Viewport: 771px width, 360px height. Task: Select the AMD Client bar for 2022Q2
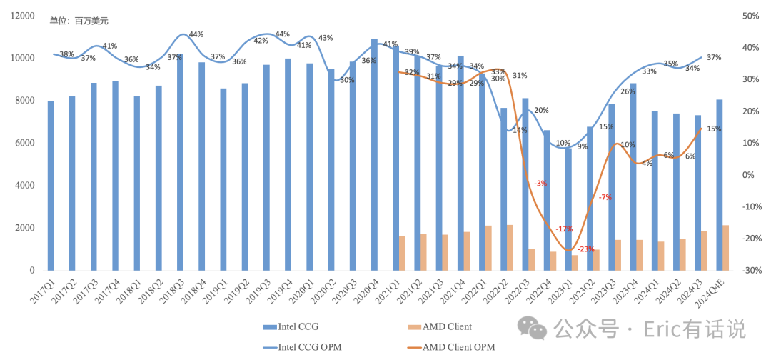click(510, 248)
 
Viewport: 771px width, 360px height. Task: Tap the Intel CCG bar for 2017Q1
click(51, 186)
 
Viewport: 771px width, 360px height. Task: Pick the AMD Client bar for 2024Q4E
click(725, 248)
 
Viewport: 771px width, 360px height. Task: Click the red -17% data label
click(564, 229)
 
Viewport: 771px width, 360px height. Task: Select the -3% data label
click(540, 184)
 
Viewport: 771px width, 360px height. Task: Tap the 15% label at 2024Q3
click(714, 129)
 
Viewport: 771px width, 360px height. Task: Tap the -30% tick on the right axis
click(750, 271)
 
